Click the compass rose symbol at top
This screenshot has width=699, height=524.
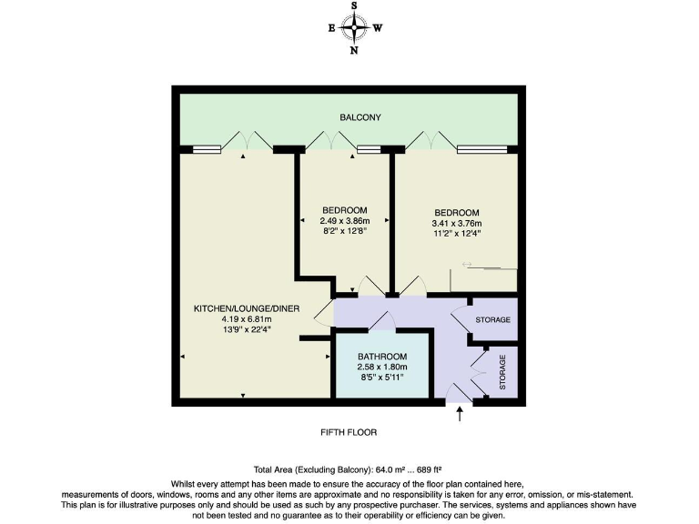pyautogui.click(x=354, y=27)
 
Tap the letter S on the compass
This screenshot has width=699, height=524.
pyautogui.click(x=354, y=6)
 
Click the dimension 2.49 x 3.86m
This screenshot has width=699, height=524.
pyautogui.click(x=344, y=221)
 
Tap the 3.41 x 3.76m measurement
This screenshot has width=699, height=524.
pyautogui.click(x=456, y=223)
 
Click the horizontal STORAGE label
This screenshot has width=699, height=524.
pyautogui.click(x=492, y=320)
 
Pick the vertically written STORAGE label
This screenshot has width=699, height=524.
pyautogui.click(x=502, y=373)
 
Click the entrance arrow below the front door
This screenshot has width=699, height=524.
pyautogui.click(x=460, y=415)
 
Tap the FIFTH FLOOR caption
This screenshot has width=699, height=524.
pyautogui.click(x=349, y=432)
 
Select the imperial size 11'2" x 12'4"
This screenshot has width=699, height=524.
pyautogui.click(x=456, y=233)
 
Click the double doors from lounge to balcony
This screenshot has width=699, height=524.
pyautogui.click(x=244, y=140)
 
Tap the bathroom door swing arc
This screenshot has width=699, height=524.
pyautogui.click(x=381, y=320)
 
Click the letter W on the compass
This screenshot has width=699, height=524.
pyautogui.click(x=377, y=28)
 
